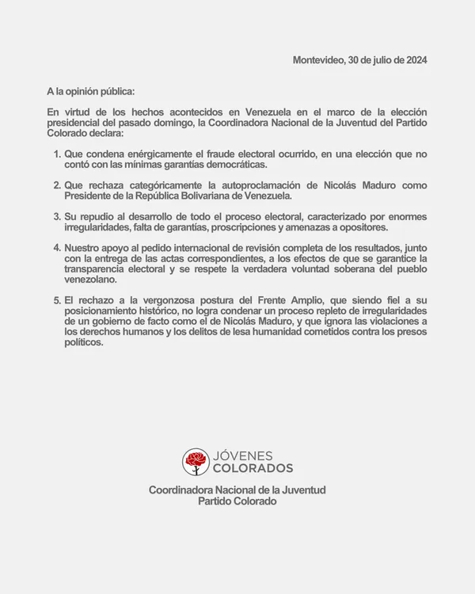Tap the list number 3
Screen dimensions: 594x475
click(57, 215)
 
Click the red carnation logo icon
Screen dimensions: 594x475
click(196, 461)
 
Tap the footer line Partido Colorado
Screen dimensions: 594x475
click(237, 502)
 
